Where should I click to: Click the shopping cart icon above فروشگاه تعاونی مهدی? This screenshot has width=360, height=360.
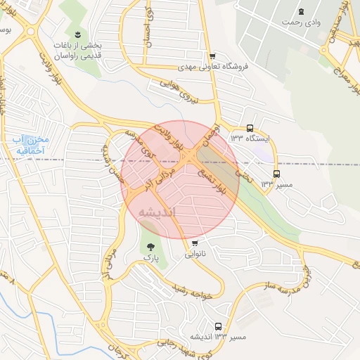pos(212,56)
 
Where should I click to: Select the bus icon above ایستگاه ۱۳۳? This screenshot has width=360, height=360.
pos(250,127)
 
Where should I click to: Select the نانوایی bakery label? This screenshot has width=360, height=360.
pos(196,255)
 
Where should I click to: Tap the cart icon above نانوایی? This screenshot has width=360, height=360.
pos(194,243)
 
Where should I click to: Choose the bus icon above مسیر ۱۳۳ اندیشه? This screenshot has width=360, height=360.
pos(218,326)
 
